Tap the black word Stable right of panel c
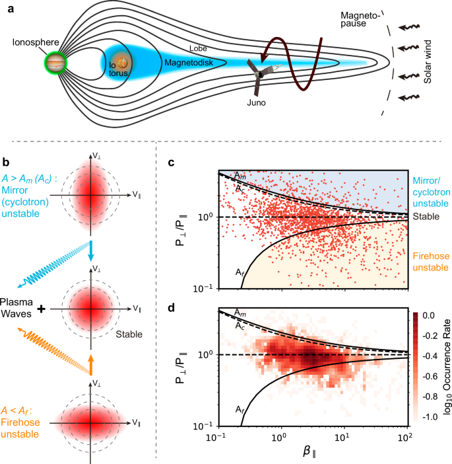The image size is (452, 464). pos(426,215)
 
